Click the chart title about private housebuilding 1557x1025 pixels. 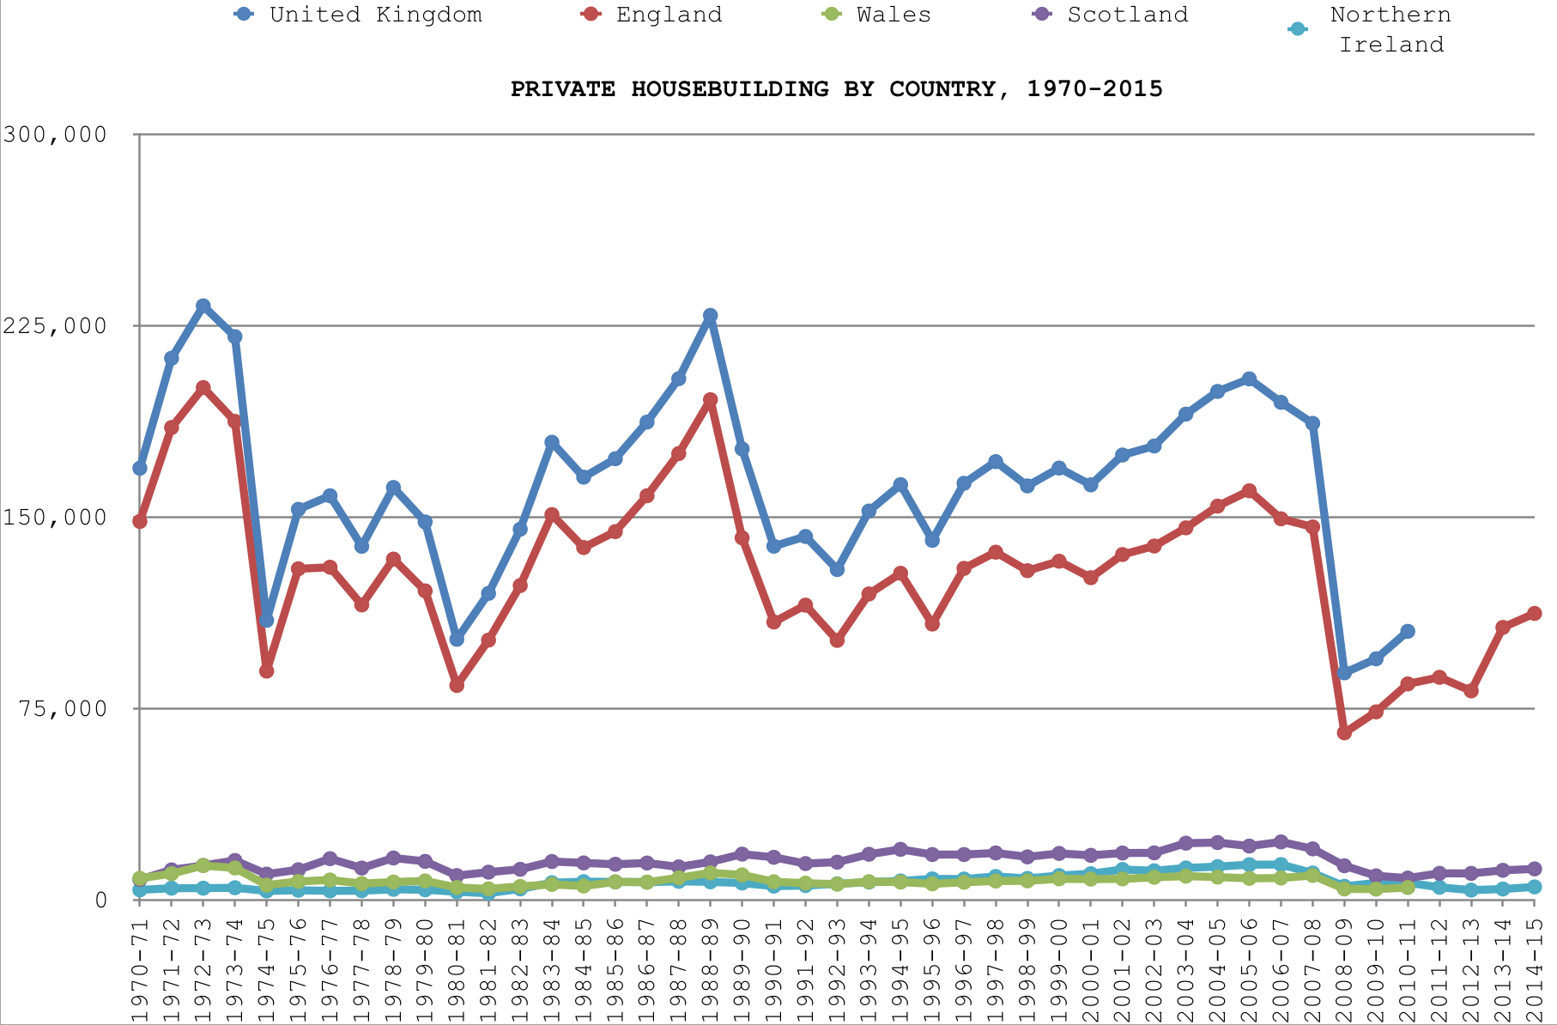[837, 89]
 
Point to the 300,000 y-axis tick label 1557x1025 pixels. [55, 134]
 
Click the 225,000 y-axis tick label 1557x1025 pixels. [55, 325]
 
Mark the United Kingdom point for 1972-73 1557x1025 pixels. [203, 306]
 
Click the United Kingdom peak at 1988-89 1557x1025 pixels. [710, 316]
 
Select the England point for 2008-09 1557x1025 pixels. [1344, 732]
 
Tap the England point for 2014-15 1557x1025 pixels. [1535, 613]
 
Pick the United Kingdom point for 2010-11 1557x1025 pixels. [1408, 631]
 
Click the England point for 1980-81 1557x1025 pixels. [457, 684]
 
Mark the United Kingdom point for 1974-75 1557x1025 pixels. [266, 620]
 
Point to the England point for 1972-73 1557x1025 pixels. [203, 388]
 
